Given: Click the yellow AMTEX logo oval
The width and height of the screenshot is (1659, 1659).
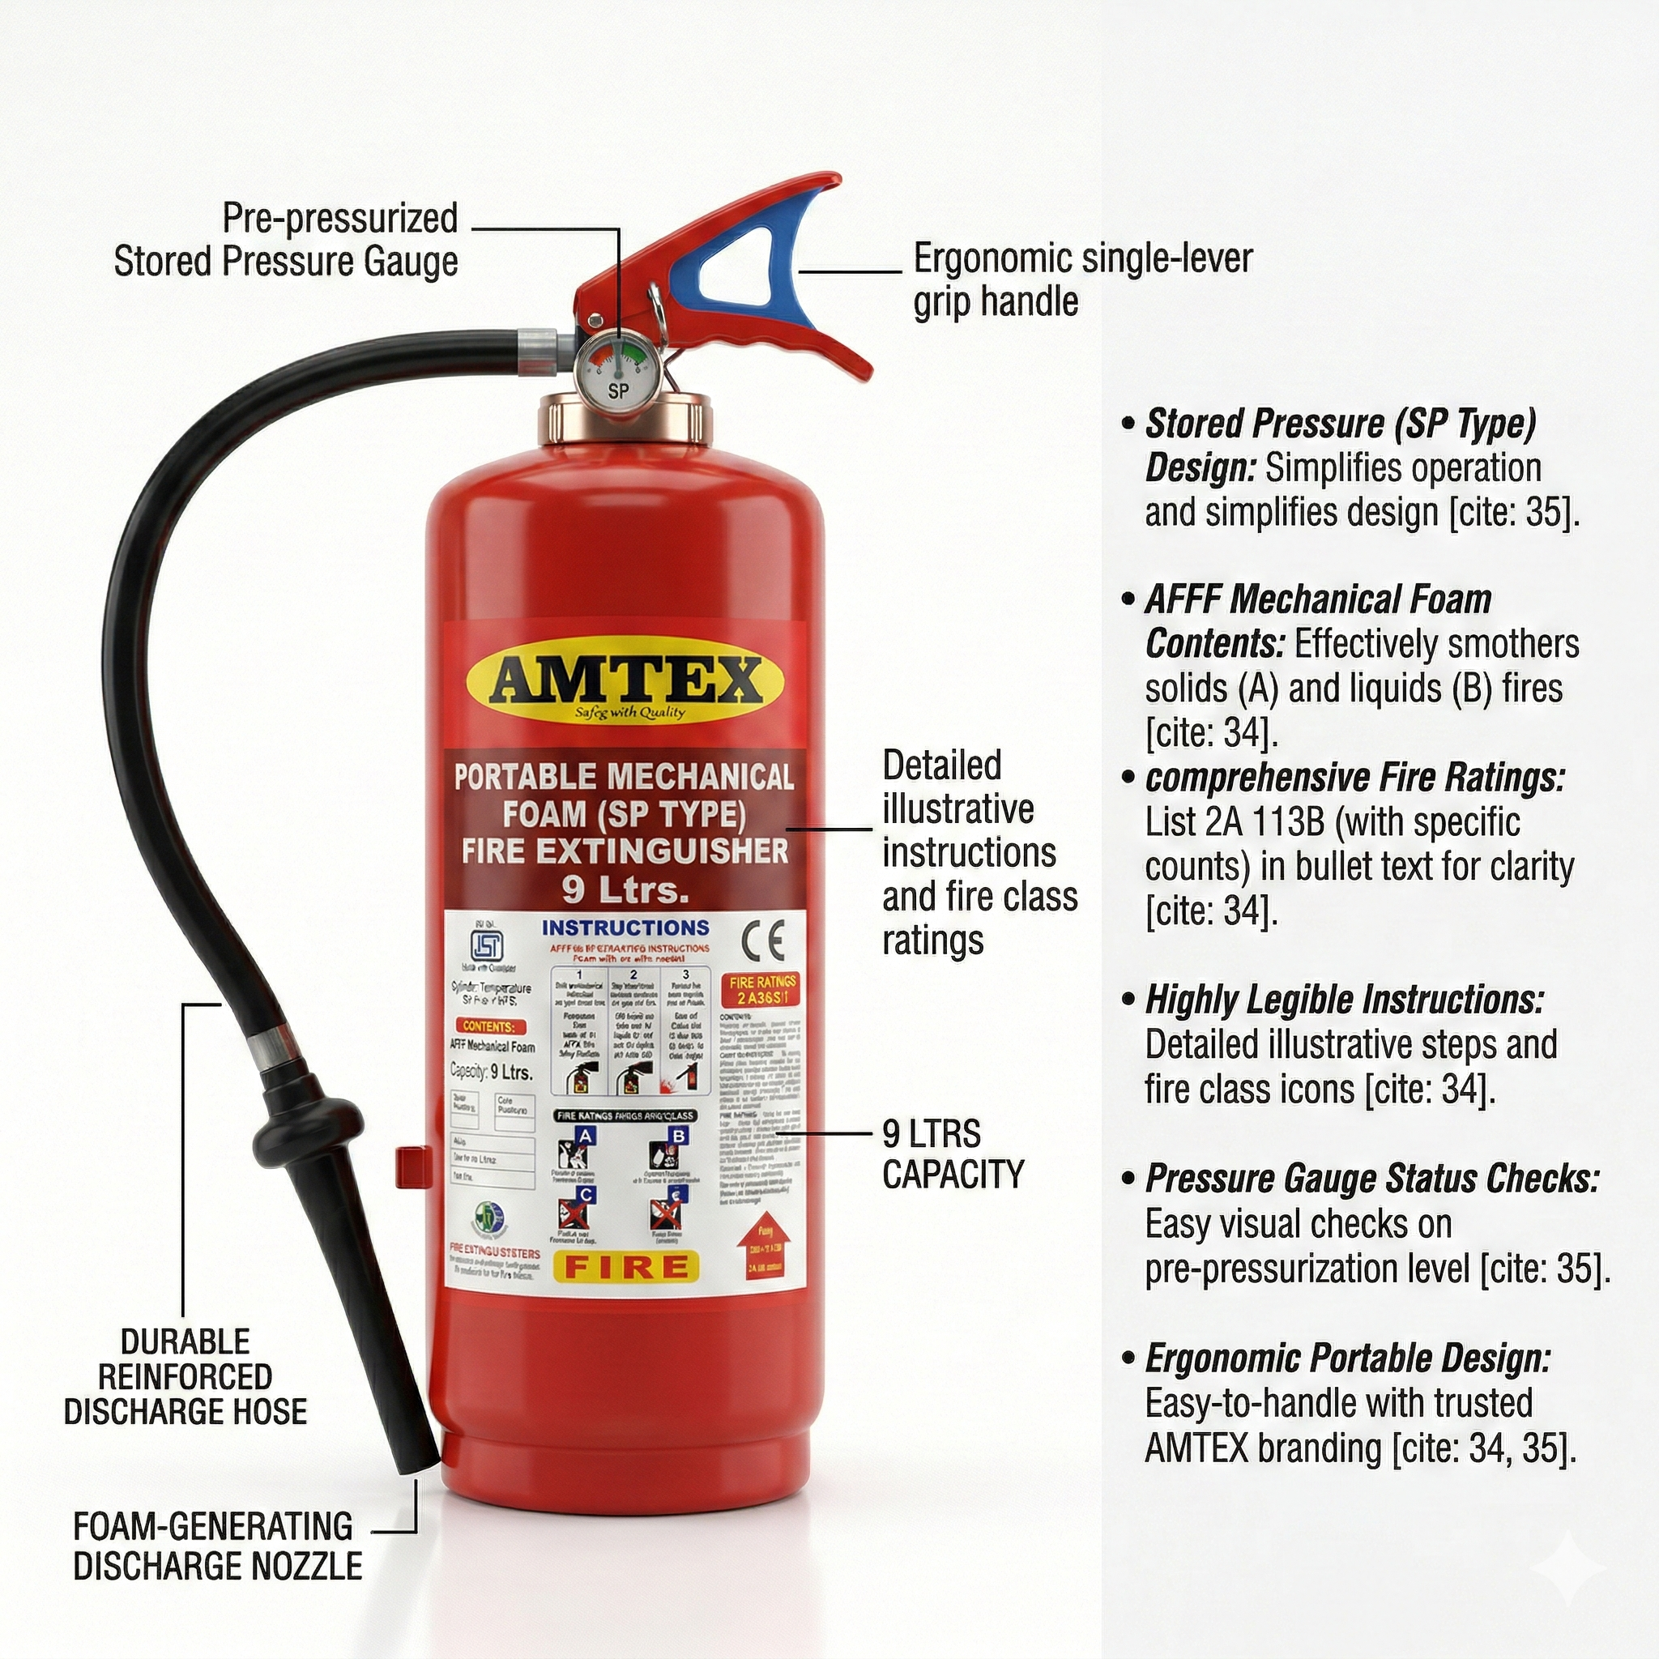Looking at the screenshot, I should (625, 684).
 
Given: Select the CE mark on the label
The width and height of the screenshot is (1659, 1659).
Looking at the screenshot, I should (762, 941).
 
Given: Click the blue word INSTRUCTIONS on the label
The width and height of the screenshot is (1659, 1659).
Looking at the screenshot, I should (625, 928).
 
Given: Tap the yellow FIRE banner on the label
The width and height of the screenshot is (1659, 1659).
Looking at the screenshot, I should (626, 1267).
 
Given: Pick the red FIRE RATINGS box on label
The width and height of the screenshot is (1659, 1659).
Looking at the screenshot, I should (762, 990).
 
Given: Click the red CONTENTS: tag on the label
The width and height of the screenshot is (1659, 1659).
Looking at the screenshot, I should (488, 1026).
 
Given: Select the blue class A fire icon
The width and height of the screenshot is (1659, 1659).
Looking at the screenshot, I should (585, 1137).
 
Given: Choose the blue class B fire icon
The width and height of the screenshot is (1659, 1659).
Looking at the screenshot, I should (678, 1137).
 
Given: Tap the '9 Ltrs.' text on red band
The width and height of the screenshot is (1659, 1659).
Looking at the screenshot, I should (625, 889).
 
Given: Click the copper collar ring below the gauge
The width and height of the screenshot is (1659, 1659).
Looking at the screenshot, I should (625, 420).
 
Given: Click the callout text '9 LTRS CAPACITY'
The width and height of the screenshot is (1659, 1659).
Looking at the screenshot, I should (953, 1154).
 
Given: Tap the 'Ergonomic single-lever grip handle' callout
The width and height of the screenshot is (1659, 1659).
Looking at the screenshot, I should (1081, 280).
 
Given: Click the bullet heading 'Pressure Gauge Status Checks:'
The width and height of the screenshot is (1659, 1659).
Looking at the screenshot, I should (1371, 1179).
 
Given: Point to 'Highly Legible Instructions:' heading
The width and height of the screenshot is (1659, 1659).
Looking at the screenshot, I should (1344, 1000).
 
